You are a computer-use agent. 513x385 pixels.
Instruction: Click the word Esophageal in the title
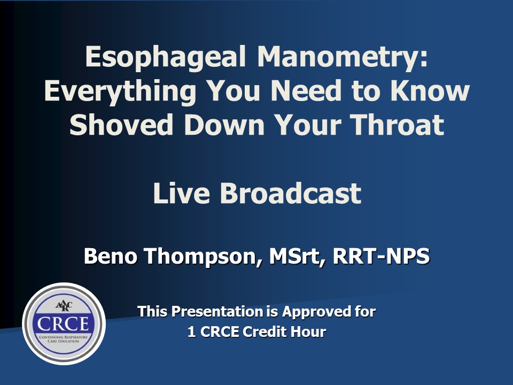[165, 58]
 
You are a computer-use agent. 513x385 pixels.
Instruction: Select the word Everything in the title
[120, 92]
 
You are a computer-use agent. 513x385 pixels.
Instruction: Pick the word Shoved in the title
[121, 125]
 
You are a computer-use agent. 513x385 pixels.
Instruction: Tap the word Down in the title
[224, 125]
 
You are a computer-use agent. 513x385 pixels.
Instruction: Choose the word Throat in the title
[397, 125]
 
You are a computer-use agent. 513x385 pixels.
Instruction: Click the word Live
[181, 193]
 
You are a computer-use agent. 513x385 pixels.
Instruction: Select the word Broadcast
[291, 193]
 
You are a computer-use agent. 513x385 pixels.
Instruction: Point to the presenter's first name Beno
[110, 256]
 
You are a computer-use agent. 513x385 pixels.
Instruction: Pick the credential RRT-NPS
[381, 256]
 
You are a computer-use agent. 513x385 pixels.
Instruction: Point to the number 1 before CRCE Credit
[192, 332]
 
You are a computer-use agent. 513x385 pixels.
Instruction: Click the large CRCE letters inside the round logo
[63, 324]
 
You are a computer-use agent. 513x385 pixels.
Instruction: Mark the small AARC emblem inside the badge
[64, 306]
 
